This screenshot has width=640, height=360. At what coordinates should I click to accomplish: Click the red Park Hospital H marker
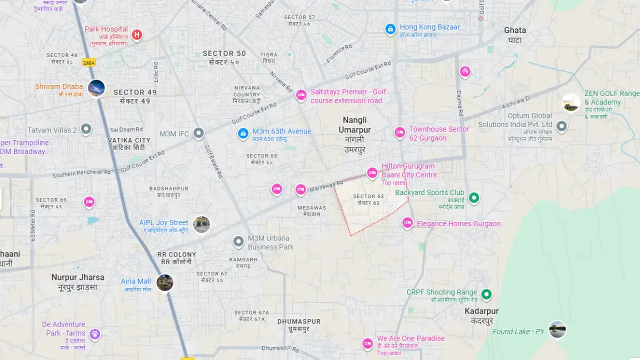pos(136,35)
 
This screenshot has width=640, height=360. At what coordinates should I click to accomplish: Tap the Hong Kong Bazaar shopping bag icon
pos(390,29)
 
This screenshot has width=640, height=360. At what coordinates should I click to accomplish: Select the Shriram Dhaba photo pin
pos(96,88)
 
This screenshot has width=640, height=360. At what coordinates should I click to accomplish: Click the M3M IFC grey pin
pos(199,133)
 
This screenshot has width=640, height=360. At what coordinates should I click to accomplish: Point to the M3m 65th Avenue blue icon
pos(243,133)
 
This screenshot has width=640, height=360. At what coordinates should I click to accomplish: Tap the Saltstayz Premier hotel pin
pos(301,95)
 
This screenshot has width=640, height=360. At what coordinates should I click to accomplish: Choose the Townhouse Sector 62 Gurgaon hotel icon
pos(399,132)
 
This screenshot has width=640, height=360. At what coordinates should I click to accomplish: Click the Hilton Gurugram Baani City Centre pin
pos(372,173)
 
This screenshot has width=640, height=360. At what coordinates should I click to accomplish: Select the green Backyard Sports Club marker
pos(474,198)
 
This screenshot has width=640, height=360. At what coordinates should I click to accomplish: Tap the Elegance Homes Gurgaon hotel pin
pos(407,223)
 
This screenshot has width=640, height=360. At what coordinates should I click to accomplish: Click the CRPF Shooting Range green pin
pos(486,294)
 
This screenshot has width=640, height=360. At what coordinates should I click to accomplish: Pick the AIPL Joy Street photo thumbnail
pos(201,224)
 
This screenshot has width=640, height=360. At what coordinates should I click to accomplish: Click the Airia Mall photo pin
pos(164,282)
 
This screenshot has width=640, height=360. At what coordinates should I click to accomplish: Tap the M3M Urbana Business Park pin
pos(238,242)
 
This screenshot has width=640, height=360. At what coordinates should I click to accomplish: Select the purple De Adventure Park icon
pos(94,334)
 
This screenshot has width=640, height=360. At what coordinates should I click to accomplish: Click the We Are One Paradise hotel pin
pos(367,343)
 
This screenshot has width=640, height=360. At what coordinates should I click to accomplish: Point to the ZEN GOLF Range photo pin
pos(570,102)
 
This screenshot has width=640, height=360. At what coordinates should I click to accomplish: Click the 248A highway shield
pos(89,62)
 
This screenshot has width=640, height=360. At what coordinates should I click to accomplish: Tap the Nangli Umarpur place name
pos(354,125)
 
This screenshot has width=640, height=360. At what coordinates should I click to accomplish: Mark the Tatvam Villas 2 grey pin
pos(86,129)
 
